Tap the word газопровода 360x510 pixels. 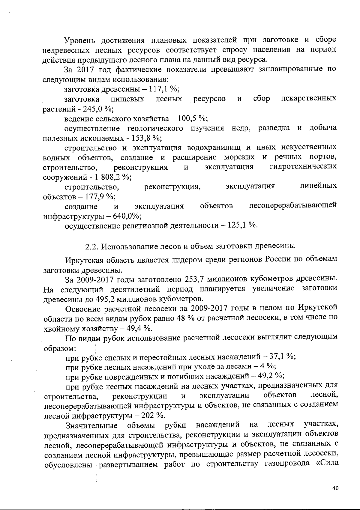click(x=287, y=464)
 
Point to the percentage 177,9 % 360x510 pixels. click(x=100, y=196)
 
